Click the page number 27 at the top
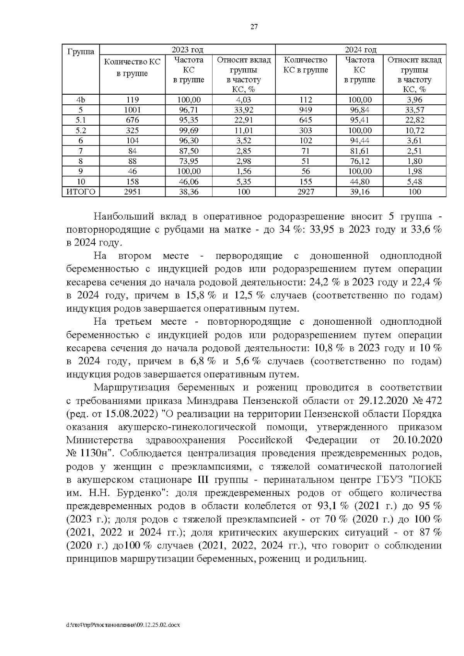point(254,27)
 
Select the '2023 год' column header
point(187,49)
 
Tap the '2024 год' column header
point(360,49)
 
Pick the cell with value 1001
point(132,110)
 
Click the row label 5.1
point(81,120)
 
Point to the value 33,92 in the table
point(244,110)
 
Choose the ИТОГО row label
point(81,192)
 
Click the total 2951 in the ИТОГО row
point(132,192)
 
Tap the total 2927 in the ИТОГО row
point(305,192)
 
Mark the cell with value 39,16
point(360,192)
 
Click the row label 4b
point(81,100)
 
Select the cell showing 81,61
point(360,151)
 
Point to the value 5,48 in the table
point(415,181)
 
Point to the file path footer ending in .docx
point(123,625)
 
